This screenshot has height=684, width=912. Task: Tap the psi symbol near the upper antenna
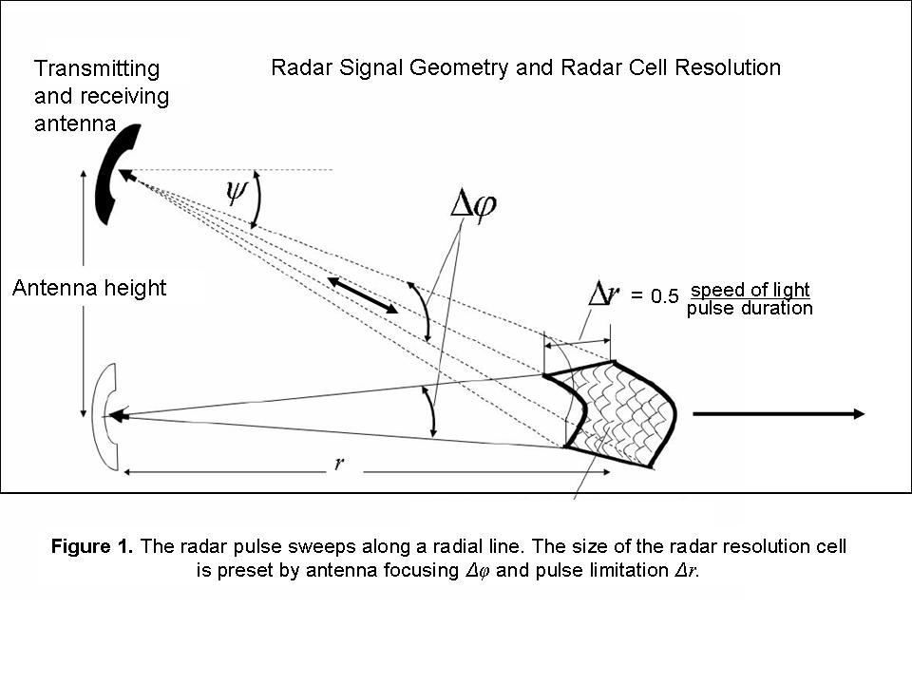[235, 193]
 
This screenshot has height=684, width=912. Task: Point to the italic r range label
[339, 465]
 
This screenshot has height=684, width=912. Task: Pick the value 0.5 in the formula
[665, 297]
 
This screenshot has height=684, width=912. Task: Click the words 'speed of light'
[750, 290]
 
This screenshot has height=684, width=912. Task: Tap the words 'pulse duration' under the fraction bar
[750, 309]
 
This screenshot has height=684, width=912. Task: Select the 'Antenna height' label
[89, 288]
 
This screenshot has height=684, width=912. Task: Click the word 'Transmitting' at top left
[97, 68]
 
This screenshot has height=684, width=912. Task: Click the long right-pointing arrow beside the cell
[778, 413]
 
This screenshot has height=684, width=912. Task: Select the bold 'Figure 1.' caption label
[92, 547]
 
